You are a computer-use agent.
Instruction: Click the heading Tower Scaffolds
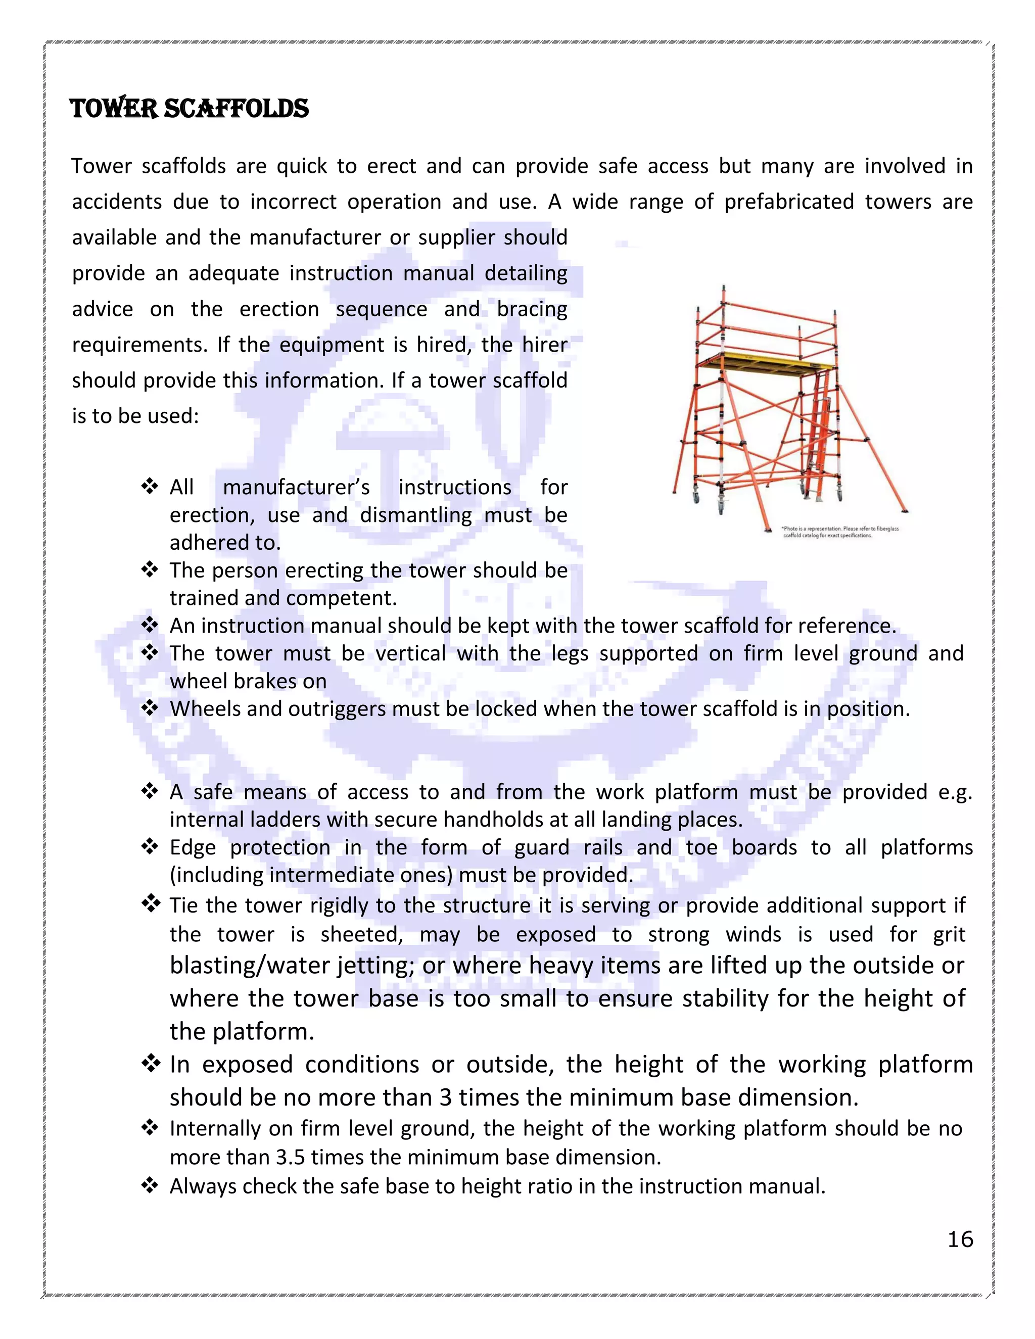click(189, 109)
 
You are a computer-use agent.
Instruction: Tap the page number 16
click(960, 1239)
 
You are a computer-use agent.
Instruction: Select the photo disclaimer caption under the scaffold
click(840, 532)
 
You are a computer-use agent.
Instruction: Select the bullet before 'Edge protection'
click(150, 847)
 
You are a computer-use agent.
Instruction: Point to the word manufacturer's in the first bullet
click(296, 488)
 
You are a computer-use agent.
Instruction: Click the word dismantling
click(416, 515)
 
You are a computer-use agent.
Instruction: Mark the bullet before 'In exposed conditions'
click(150, 1064)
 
